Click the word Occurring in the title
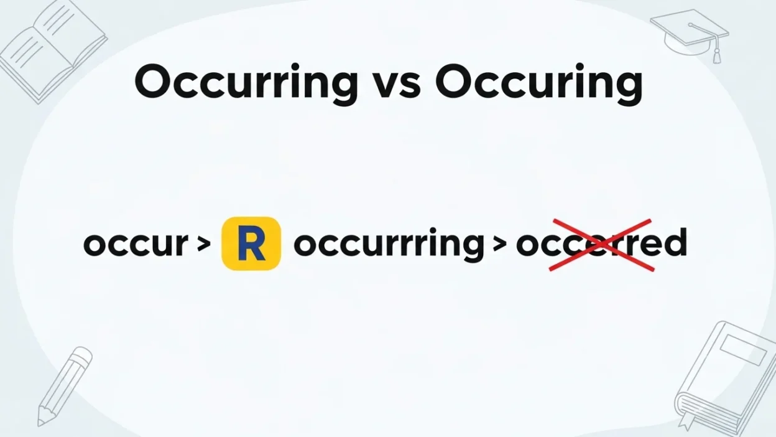(246, 82)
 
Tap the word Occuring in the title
(538, 82)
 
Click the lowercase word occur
(136, 244)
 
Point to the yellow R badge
(251, 243)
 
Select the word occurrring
(388, 244)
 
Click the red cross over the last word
(601, 245)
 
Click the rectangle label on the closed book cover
(743, 352)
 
